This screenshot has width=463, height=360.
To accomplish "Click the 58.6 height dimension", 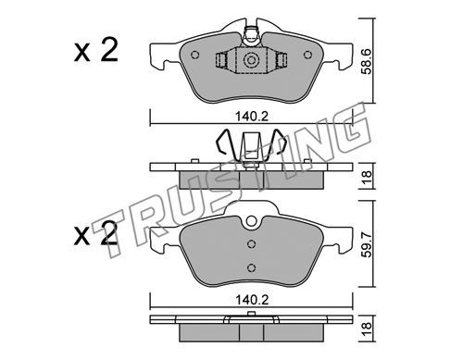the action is click(367, 61).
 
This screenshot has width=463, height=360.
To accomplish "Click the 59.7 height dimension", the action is click(367, 245).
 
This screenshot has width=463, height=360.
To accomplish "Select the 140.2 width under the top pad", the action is click(252, 117).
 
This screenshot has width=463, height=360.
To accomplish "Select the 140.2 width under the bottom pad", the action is click(252, 300).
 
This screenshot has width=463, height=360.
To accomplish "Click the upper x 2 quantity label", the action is click(96, 51).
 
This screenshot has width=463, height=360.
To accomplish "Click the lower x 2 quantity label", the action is click(96, 235).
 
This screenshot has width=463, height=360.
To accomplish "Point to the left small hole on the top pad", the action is click(195, 56).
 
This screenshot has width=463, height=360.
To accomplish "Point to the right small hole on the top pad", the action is click(307, 56).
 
